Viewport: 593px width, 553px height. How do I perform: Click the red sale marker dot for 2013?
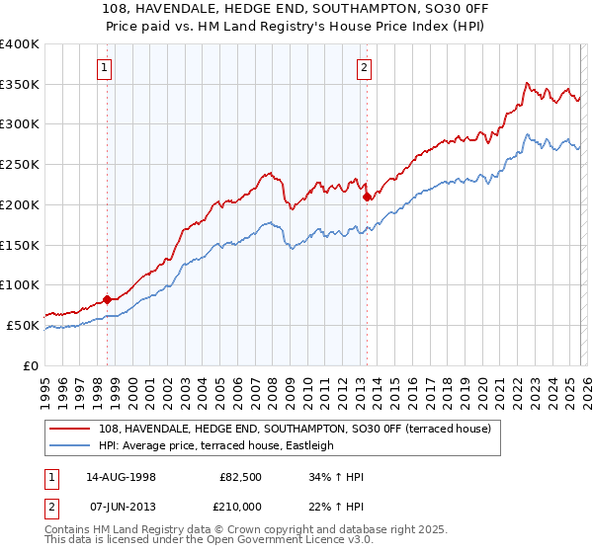coord(367,197)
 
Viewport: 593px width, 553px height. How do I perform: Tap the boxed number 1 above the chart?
coord(104,68)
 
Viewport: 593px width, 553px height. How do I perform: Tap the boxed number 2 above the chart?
coord(364,68)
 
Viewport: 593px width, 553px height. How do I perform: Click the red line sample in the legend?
coord(71,429)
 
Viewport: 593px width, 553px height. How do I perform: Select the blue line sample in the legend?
coord(71,445)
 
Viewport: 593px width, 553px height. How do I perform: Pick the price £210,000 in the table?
coord(242,506)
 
